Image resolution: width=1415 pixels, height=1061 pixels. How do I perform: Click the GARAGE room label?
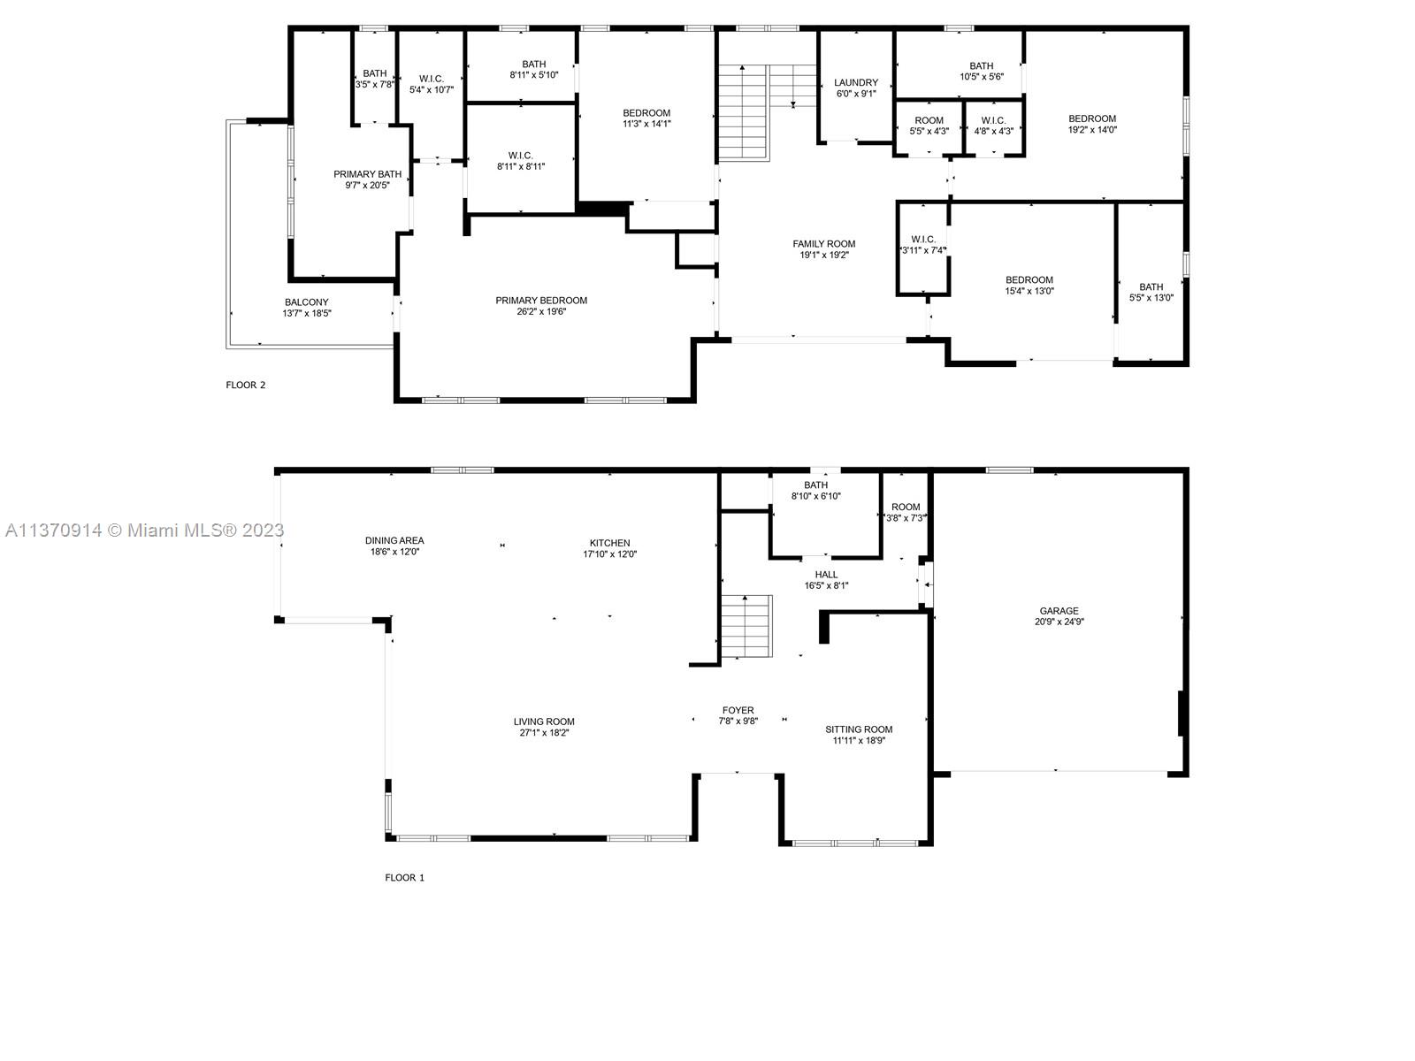[1059, 611]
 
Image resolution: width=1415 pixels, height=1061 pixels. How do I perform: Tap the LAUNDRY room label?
[856, 82]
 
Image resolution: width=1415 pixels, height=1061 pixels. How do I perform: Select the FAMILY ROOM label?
[823, 244]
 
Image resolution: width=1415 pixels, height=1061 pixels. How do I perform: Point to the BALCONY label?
[307, 302]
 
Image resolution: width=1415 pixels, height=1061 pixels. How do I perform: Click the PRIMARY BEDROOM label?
[541, 301]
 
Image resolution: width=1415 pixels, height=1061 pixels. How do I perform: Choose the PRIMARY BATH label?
[367, 174]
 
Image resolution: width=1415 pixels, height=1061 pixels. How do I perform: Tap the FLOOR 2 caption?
[246, 385]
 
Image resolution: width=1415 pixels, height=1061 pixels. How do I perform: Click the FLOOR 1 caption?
[404, 878]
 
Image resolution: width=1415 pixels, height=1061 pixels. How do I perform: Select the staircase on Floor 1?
[746, 626]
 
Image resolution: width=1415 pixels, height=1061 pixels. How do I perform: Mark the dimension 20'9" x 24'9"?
[1059, 622]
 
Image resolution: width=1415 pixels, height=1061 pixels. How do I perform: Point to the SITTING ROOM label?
[859, 729]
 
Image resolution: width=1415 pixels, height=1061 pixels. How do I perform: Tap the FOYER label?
[738, 710]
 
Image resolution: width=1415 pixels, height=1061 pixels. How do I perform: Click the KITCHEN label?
[610, 543]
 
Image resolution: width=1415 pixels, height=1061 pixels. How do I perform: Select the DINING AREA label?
[394, 540]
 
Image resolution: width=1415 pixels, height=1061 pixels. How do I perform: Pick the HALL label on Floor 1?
[826, 575]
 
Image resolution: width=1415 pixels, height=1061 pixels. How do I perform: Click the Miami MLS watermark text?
[144, 530]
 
